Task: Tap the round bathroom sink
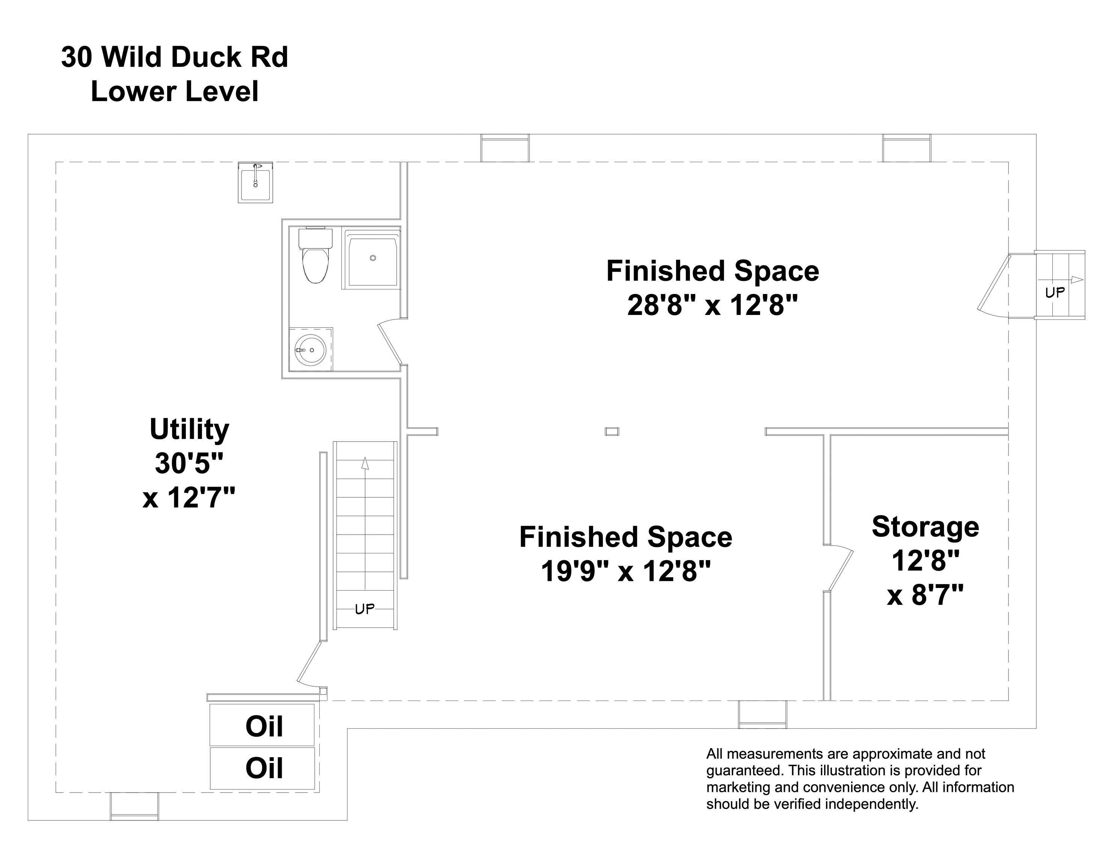click(310, 350)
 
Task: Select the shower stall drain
click(373, 258)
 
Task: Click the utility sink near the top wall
click(255, 182)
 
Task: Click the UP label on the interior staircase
click(365, 609)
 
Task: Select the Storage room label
click(925, 527)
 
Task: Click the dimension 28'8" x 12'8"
click(712, 306)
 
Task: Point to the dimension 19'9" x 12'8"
click(626, 571)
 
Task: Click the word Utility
click(189, 429)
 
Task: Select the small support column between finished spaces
click(612, 431)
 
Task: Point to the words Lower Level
click(174, 92)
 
